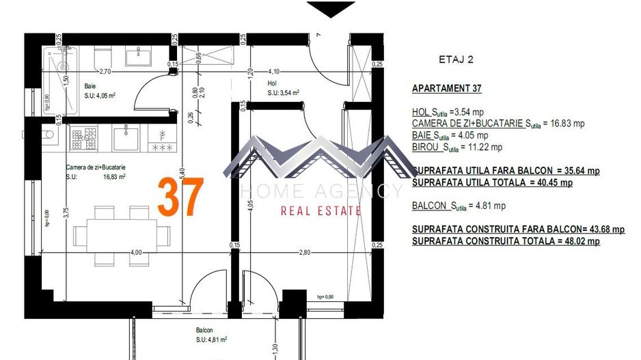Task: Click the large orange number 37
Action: (x=180, y=197)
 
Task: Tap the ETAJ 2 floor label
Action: (x=456, y=59)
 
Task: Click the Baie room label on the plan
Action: (x=90, y=86)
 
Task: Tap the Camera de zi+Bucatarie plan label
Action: (x=96, y=167)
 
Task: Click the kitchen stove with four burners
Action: (x=84, y=139)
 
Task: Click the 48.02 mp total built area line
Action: (x=506, y=241)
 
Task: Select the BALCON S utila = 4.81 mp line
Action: (x=459, y=206)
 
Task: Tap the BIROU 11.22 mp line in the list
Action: (x=456, y=147)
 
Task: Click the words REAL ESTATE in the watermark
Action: (x=320, y=211)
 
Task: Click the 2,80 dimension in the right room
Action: (x=304, y=252)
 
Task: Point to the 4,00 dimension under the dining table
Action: (x=136, y=252)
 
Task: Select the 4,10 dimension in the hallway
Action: (x=274, y=70)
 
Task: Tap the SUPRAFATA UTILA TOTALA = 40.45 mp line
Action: (x=492, y=182)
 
